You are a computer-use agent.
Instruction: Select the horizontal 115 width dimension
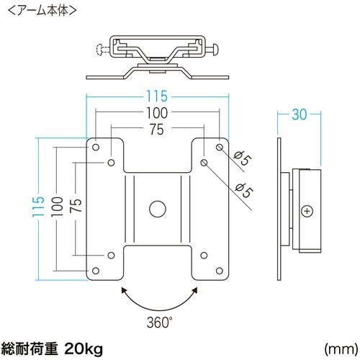coord(157,94)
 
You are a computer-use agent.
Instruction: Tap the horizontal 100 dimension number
coord(157,112)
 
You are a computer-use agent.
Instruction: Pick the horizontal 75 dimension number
coord(157,129)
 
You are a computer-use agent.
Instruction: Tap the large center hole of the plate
coord(156,210)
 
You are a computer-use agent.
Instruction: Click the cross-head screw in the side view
coord(308,211)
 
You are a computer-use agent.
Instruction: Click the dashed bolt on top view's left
coord(103,50)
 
